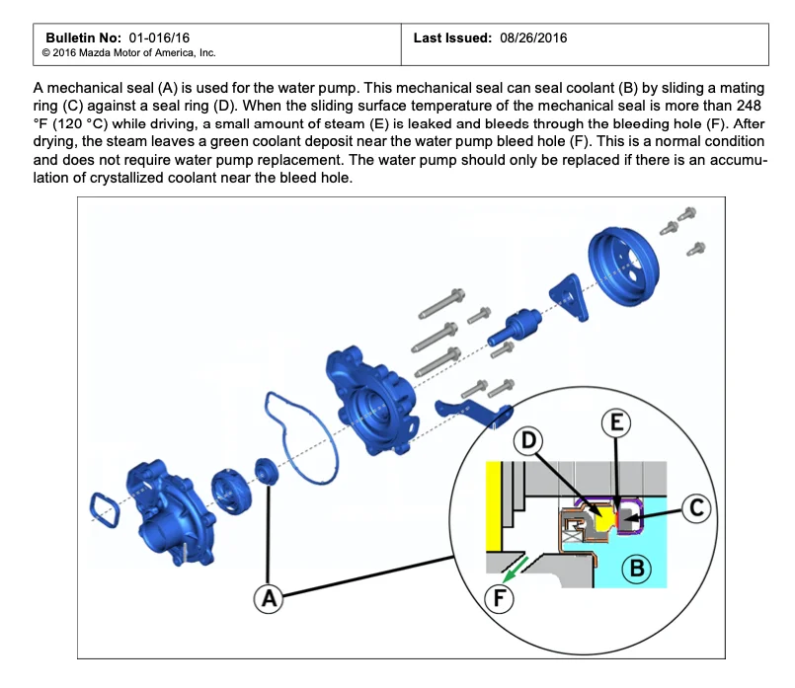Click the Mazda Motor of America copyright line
pos(129,52)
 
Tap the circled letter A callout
pos(268,596)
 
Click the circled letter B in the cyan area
pos(637,568)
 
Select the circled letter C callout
pos(696,508)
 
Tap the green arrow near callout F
pos(511,574)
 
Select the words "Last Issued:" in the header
pos(452,38)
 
